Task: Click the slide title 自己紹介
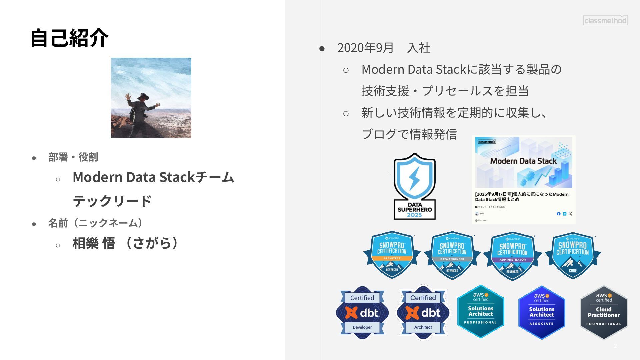69,38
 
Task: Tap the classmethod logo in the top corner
605,20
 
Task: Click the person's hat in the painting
143,96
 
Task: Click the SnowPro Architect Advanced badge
392,255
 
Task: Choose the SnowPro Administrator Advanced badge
512,256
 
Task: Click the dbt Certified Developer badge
362,313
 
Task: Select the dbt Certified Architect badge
423,313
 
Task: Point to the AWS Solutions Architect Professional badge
481,311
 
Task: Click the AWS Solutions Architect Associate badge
542,312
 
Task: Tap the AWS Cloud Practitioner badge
604,312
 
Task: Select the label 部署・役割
73,157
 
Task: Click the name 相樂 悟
94,243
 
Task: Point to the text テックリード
112,201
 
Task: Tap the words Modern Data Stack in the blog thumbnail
523,161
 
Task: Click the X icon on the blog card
570,214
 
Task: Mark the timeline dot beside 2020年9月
322,49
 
